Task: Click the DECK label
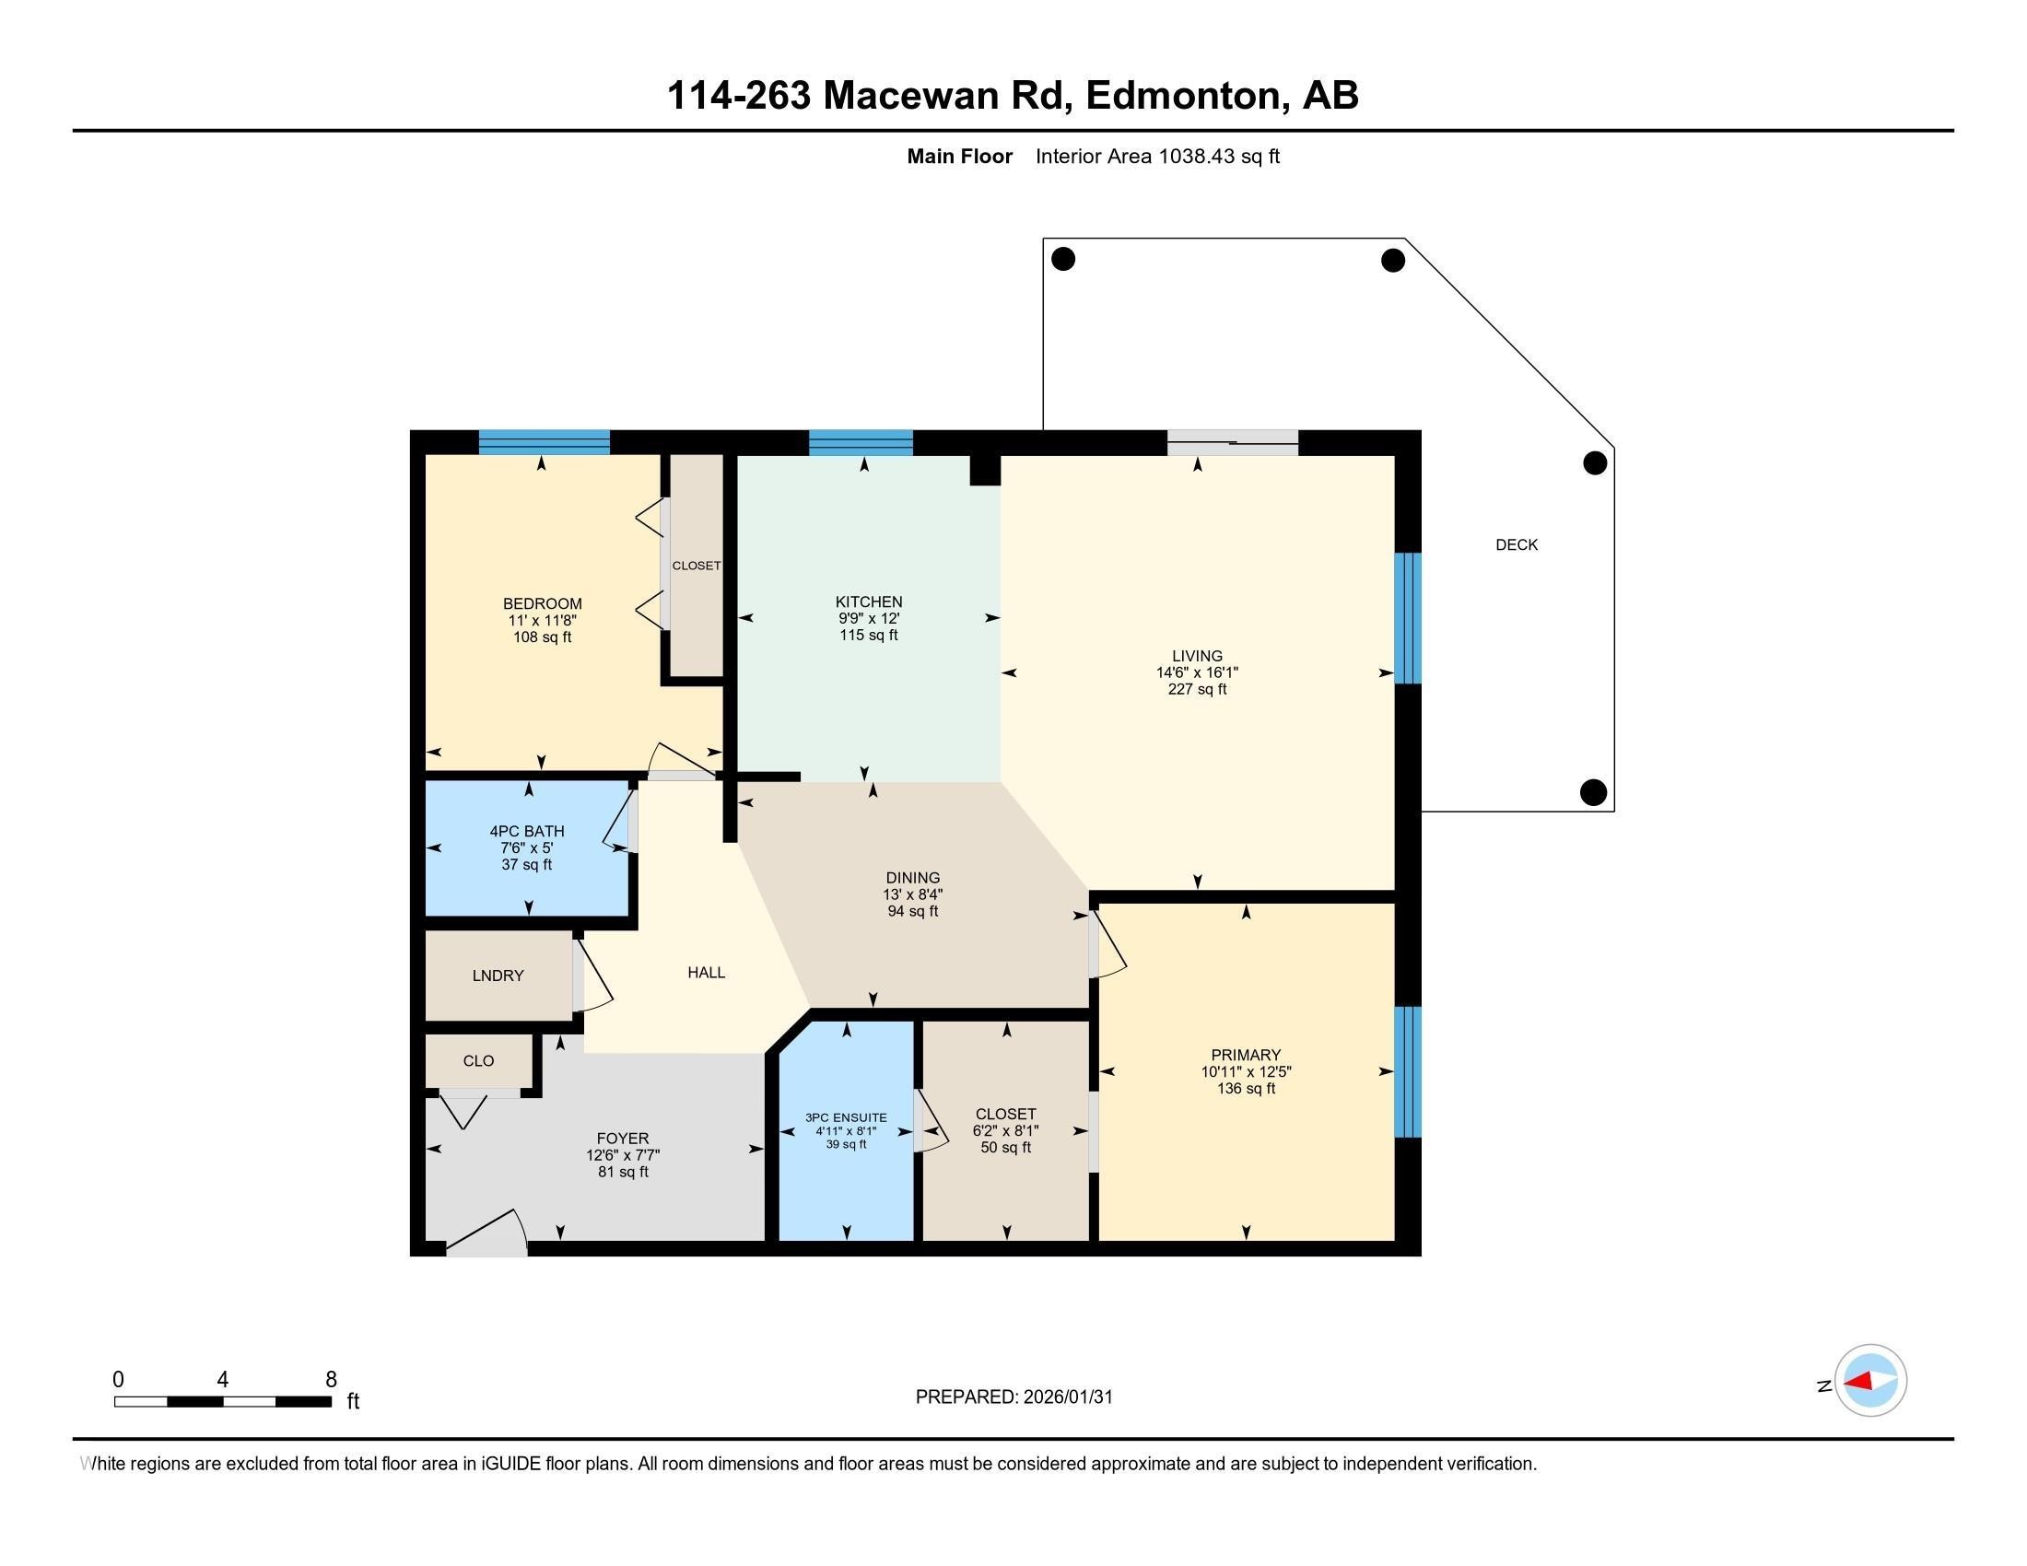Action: pos(1516,544)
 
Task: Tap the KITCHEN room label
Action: pos(868,602)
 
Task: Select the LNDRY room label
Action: pos(498,975)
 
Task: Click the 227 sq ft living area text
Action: pos(1196,689)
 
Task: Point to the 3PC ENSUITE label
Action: pos(846,1117)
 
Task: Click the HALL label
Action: pos(706,972)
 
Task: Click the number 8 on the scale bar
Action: pos(331,1379)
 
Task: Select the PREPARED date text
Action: pos(1013,1397)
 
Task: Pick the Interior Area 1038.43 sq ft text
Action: pos(1156,157)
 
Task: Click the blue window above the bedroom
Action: pos(544,442)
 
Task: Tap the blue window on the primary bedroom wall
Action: pos(1407,1071)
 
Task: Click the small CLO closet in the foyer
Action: pos(478,1060)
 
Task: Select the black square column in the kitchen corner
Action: pos(985,470)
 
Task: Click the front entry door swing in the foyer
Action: pos(487,1233)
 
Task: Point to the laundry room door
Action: pos(592,974)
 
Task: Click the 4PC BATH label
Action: pos(526,831)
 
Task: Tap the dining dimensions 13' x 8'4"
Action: pos(912,894)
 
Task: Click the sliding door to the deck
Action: pos(1232,442)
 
